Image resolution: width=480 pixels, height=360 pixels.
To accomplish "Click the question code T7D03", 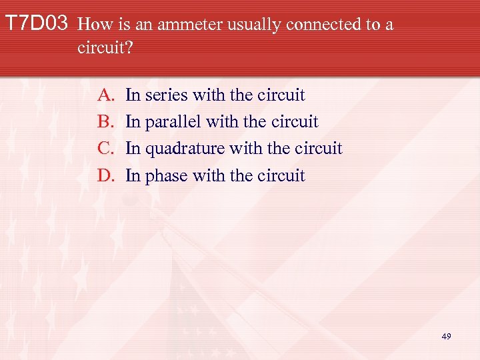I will (36, 25).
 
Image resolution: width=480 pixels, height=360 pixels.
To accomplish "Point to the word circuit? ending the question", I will (100, 49).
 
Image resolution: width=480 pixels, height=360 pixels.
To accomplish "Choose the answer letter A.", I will (107, 95).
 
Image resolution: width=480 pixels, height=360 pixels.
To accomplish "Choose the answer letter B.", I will (107, 122).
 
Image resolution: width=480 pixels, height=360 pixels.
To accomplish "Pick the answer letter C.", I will (107, 149).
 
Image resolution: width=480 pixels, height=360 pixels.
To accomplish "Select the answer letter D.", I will (107, 175).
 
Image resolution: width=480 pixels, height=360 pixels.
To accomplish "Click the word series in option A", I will (166, 95).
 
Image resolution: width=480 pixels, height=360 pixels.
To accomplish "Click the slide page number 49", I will (446, 337).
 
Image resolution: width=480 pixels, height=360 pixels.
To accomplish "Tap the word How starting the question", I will (93, 25).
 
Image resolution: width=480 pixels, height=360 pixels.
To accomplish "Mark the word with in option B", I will (220, 122).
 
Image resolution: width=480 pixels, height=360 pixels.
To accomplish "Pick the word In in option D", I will (133, 175).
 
